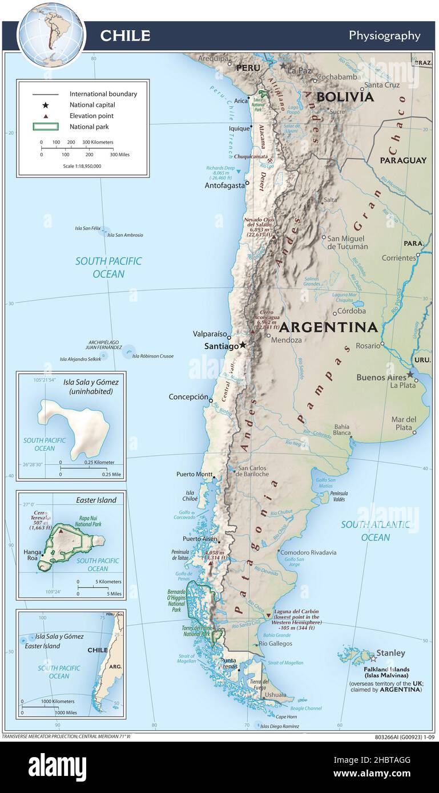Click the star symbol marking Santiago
tap(243, 345)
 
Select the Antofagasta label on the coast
tap(224, 185)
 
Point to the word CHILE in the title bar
tap(125, 35)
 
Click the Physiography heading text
tap(384, 35)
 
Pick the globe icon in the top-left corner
tap(51, 34)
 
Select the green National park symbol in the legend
tap(45, 127)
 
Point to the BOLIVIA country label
tap(345, 97)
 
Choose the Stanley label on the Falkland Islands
tap(390, 653)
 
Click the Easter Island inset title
tap(96, 500)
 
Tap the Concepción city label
tap(188, 396)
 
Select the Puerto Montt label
tap(194, 474)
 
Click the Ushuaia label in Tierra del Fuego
tap(275, 694)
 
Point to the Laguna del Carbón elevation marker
tap(268, 615)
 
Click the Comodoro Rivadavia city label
tap(309, 552)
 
